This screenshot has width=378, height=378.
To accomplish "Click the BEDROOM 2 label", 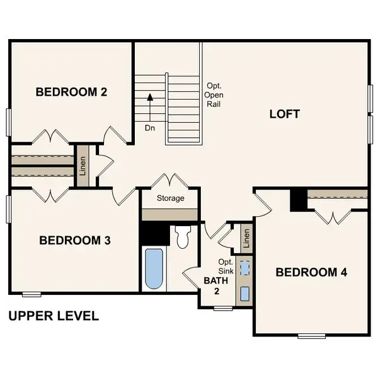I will click(x=71, y=92).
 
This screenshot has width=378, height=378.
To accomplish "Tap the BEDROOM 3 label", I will click(x=75, y=240).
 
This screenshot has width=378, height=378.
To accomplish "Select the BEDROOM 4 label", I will click(x=312, y=272).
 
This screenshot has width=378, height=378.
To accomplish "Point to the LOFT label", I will click(x=285, y=114).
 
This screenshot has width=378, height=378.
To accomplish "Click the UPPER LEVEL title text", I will click(x=54, y=316).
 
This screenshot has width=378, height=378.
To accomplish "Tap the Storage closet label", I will click(x=171, y=198).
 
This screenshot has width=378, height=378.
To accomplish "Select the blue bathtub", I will click(x=153, y=269).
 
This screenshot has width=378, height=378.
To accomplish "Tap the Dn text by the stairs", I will click(x=150, y=127).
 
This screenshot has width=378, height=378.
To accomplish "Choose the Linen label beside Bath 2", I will click(x=246, y=238).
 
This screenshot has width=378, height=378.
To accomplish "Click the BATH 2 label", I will click(x=212, y=285).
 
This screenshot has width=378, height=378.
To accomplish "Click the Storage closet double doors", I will click(x=171, y=181).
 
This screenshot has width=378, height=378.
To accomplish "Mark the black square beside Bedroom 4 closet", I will click(x=298, y=200).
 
